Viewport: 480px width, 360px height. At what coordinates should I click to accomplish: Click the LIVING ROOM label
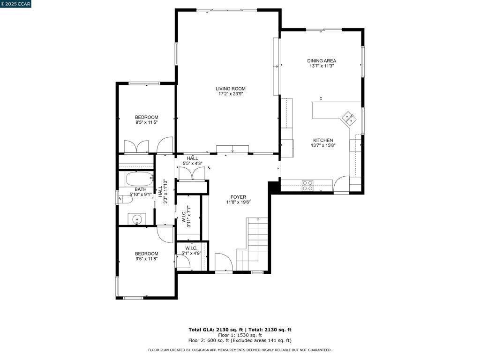point(231,89)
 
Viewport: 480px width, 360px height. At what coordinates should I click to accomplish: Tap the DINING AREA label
point(322,60)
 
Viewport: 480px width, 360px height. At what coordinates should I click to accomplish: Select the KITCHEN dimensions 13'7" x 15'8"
point(323,145)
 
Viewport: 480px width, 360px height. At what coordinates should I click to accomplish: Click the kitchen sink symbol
point(349,119)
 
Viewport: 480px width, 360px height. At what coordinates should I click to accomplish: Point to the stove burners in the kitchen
point(307,186)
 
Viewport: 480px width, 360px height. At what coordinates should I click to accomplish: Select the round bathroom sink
point(137,219)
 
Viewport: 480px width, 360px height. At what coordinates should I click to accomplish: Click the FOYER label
point(238,197)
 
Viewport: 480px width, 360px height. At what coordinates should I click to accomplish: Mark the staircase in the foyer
point(252,244)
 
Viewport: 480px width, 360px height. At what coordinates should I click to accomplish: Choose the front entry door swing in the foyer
point(224,262)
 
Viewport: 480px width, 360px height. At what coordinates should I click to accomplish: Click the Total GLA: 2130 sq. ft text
point(216,330)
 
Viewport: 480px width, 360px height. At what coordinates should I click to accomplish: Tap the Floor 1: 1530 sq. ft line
point(240,335)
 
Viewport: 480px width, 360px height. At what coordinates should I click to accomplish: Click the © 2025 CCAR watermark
point(15,4)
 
